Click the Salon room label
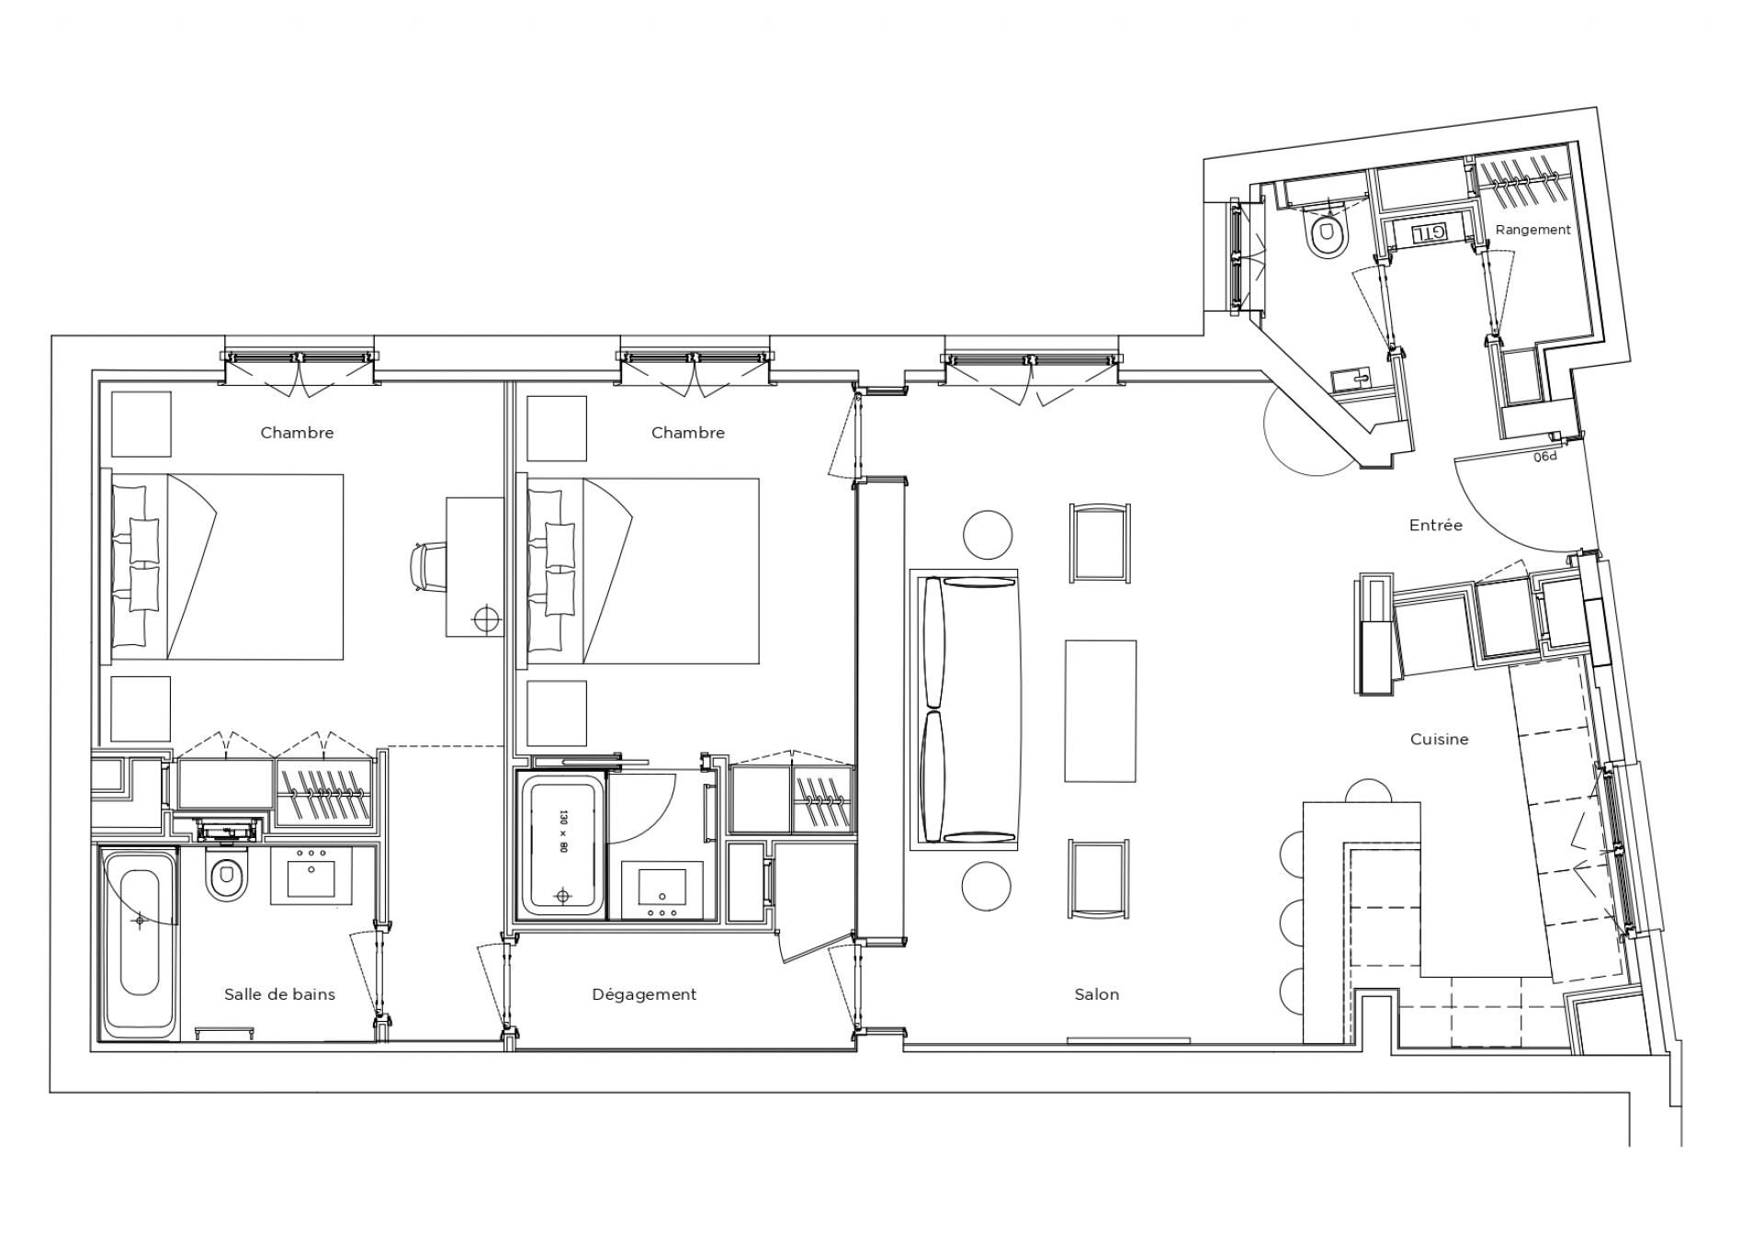point(1096,994)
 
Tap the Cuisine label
point(1439,739)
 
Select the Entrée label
point(1435,526)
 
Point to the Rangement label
point(1532,230)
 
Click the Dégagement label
point(644,994)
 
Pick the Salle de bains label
point(279,994)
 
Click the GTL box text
point(1427,233)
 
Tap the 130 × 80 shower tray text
point(562,833)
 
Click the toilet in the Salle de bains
point(225,878)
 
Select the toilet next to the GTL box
point(1325,233)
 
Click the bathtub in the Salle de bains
point(140,943)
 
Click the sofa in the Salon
point(965,709)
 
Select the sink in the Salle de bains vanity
point(311,877)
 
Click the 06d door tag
point(1545,456)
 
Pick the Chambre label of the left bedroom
point(297,433)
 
